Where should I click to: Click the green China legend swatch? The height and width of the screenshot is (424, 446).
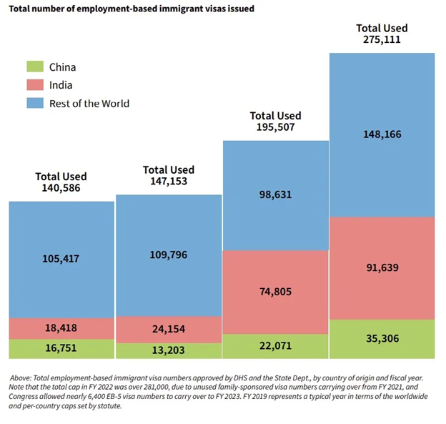[35, 67]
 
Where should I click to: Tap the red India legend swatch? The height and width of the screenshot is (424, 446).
[35, 85]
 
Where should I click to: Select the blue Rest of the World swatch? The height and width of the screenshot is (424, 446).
[35, 103]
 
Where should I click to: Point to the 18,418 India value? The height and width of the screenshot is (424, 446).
[61, 327]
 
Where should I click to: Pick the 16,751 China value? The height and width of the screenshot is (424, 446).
[61, 349]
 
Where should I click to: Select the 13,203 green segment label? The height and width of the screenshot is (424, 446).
[169, 350]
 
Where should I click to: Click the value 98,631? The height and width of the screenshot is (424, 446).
[276, 194]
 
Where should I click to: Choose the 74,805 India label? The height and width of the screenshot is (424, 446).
[276, 291]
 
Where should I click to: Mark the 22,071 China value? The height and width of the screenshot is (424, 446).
[276, 345]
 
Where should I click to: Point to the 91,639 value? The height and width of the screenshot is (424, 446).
[382, 267]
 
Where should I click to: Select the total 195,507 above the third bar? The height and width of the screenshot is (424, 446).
[276, 127]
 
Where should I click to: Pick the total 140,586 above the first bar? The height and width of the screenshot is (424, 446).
[61, 188]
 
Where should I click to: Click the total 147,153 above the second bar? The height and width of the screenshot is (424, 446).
[169, 182]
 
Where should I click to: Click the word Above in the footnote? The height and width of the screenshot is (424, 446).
[24, 378]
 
